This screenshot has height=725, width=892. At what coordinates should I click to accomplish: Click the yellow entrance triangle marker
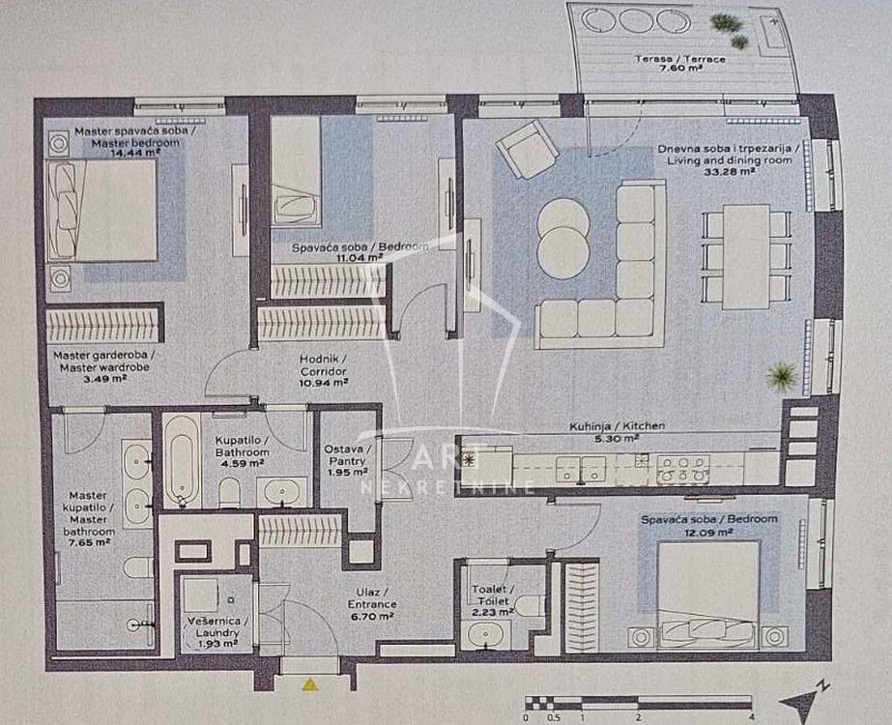click(310, 684)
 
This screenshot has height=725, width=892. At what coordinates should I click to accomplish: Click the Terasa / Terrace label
click(680, 59)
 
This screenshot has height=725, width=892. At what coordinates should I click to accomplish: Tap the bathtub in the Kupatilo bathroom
click(182, 461)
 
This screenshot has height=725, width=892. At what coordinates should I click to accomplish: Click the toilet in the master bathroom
click(138, 567)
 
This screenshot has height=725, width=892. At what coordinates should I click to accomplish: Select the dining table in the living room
click(746, 257)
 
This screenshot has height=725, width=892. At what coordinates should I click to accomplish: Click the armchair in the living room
click(526, 149)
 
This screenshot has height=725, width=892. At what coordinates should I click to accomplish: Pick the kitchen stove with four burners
click(683, 470)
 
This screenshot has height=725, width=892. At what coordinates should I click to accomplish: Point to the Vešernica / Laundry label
click(214, 626)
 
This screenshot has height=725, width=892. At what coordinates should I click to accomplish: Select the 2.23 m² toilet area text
click(493, 612)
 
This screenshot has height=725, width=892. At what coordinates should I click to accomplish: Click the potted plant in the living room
click(781, 376)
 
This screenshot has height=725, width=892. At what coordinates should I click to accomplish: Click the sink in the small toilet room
click(484, 634)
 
